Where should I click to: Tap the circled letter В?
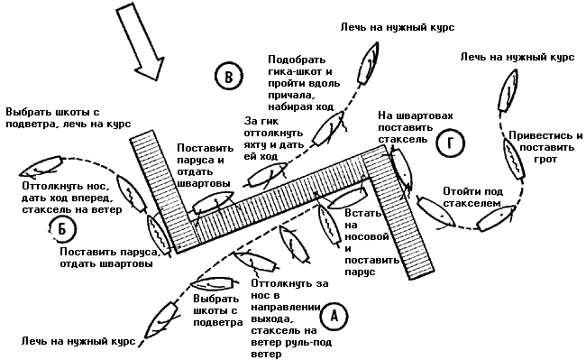coord(229,76)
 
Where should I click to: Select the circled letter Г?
coord(451,143)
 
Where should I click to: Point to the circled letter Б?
coord(62,229)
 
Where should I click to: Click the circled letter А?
coord(334,317)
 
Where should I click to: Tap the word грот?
coord(545,160)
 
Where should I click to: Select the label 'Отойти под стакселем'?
coord(472,198)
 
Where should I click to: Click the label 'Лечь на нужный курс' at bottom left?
coord(78,341)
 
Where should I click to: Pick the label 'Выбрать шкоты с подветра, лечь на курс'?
coord(69,118)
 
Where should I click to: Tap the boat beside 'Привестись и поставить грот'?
coord(515,160)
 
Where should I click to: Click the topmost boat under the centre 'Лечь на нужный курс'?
coord(369,63)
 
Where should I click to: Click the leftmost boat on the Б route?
coord(41,166)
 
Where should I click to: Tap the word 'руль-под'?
coord(308,342)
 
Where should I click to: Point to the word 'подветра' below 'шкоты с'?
coord(218,323)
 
